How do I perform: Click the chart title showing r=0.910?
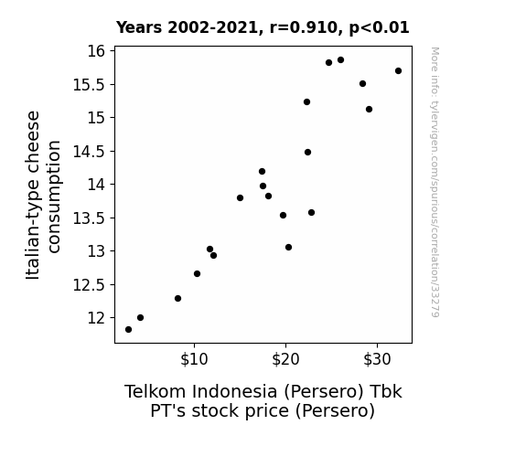[x=263, y=27]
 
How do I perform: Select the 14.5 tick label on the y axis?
[x=90, y=152]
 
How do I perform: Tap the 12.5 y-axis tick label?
[x=90, y=285]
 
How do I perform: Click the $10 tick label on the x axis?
[x=194, y=359]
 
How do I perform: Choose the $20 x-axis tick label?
[x=285, y=359]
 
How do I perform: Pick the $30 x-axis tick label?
[x=377, y=359]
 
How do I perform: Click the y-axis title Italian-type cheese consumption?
[x=43, y=195]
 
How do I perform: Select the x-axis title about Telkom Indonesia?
[x=263, y=401]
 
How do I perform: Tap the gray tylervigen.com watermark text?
[x=435, y=182]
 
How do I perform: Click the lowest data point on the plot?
[x=128, y=330]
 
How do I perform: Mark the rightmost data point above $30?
[x=398, y=70]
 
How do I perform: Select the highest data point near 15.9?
[x=340, y=60]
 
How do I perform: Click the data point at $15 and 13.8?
[x=240, y=197]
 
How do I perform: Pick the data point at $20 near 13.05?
[x=288, y=247]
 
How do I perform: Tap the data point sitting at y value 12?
[x=140, y=317]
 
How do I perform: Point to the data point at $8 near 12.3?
[x=177, y=298]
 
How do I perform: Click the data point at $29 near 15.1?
[x=369, y=109]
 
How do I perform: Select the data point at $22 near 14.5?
[x=307, y=153]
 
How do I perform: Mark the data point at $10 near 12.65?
[x=197, y=273]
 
